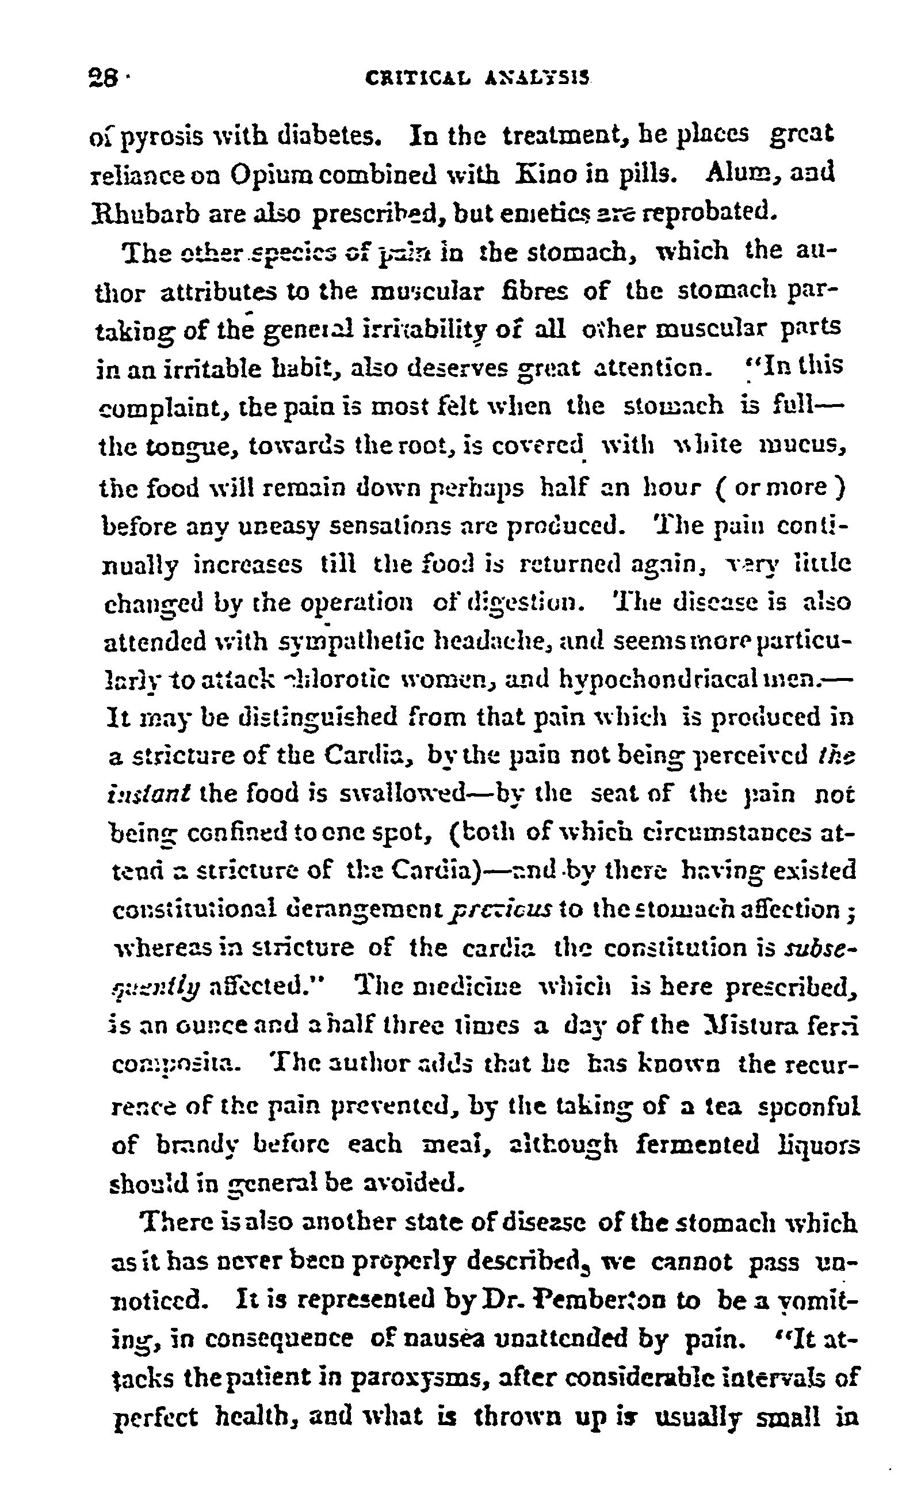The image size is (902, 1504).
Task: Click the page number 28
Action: pyautogui.click(x=101, y=78)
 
